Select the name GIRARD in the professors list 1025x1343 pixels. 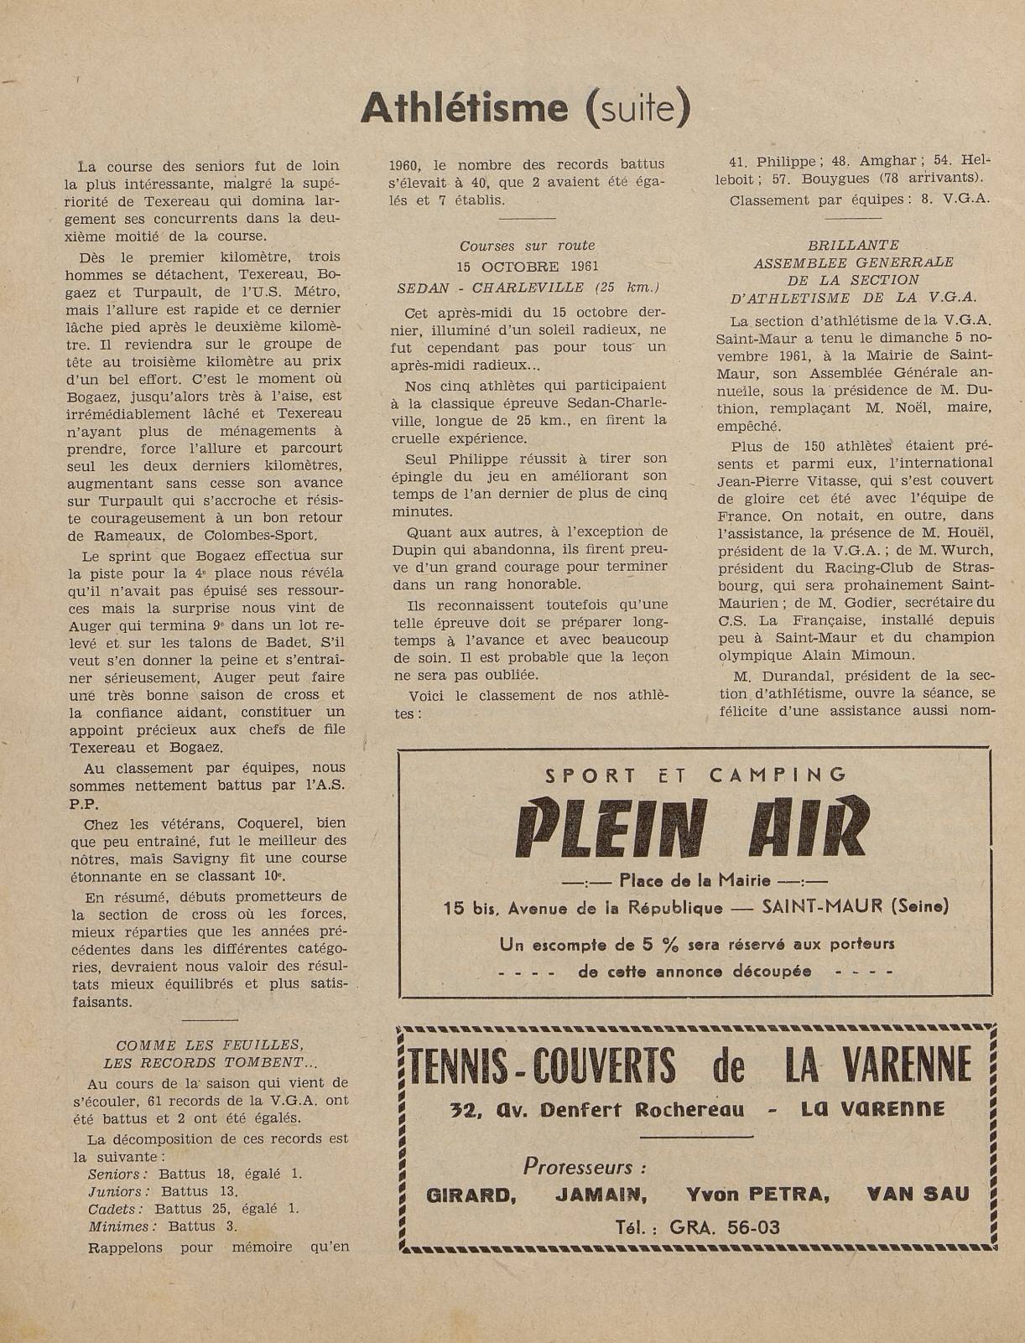[471, 1195]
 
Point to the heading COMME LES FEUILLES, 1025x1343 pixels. [208, 1045]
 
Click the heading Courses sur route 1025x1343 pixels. [527, 246]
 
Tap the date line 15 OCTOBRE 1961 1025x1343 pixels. [526, 267]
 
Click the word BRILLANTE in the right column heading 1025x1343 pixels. [852, 245]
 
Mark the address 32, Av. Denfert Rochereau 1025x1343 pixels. [596, 1110]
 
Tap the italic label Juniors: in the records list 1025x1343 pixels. [119, 1191]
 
